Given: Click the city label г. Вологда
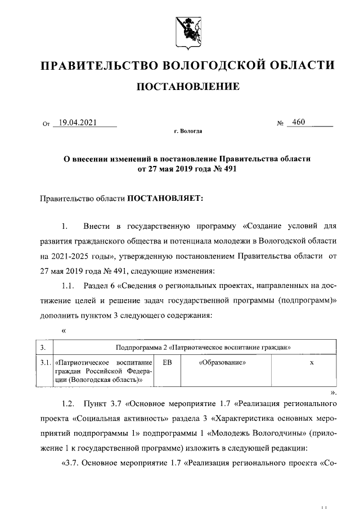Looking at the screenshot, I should [x=188, y=132].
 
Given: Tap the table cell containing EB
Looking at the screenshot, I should [x=167, y=363].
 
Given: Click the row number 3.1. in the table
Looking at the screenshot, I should [x=46, y=363].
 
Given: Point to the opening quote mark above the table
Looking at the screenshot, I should [x=64, y=330].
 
